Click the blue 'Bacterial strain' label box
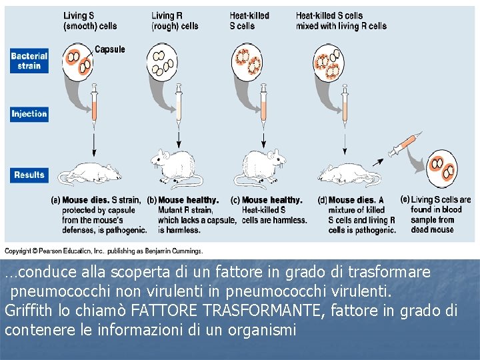pos(29,61)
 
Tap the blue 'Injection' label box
pos(29,114)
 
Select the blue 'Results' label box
pos(29,175)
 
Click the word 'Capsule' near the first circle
pos(110,49)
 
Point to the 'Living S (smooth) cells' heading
pos(90,21)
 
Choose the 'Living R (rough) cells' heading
pos(175,21)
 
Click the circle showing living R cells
pos(162,63)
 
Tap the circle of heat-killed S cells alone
pos(247,63)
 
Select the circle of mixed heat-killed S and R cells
pos(329,63)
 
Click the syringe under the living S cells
pos(94,105)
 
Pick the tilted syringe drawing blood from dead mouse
pos(405,144)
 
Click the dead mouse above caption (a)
pos(90,173)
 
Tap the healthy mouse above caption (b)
pos(175,168)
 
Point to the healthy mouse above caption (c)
pos(260,168)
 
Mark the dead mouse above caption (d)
pos(349,175)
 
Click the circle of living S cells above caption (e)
pos(442,169)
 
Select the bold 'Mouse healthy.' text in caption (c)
pos(272,200)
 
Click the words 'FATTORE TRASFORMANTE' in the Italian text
pos(225,311)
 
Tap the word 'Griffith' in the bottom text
pos(29,311)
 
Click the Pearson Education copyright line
pos(103,251)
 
